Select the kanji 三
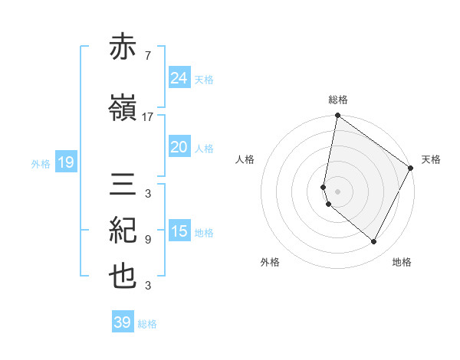click(x=123, y=185)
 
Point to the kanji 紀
click(x=123, y=231)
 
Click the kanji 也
click(x=123, y=277)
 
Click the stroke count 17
click(x=148, y=117)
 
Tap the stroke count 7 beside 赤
click(x=146, y=55)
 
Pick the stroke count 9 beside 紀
click(x=147, y=240)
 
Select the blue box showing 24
click(x=179, y=78)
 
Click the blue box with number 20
click(x=179, y=147)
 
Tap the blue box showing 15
click(x=179, y=231)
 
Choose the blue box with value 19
click(x=65, y=162)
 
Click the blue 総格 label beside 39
click(x=148, y=324)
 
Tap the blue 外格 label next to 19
click(x=41, y=163)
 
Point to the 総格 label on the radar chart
click(x=338, y=100)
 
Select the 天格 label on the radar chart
click(x=431, y=159)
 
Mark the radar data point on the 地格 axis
click(x=374, y=242)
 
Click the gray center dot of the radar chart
click(x=338, y=191)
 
